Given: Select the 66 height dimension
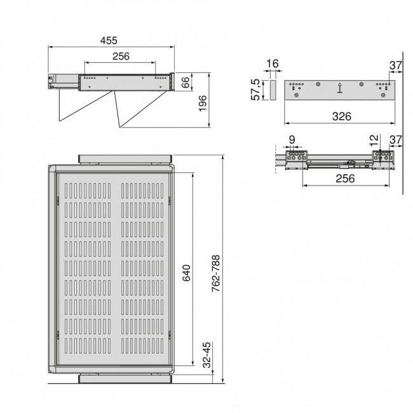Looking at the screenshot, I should point(186,83).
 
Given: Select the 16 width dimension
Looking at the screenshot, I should point(273,64).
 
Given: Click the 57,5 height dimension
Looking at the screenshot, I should point(255,90).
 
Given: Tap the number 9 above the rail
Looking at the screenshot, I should point(292,139).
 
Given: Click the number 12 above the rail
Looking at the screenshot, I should point(375,139).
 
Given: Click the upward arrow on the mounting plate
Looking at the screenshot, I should point(341,88).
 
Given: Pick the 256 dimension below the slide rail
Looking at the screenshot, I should point(344,179).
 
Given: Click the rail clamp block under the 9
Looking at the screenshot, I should point(295,158).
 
